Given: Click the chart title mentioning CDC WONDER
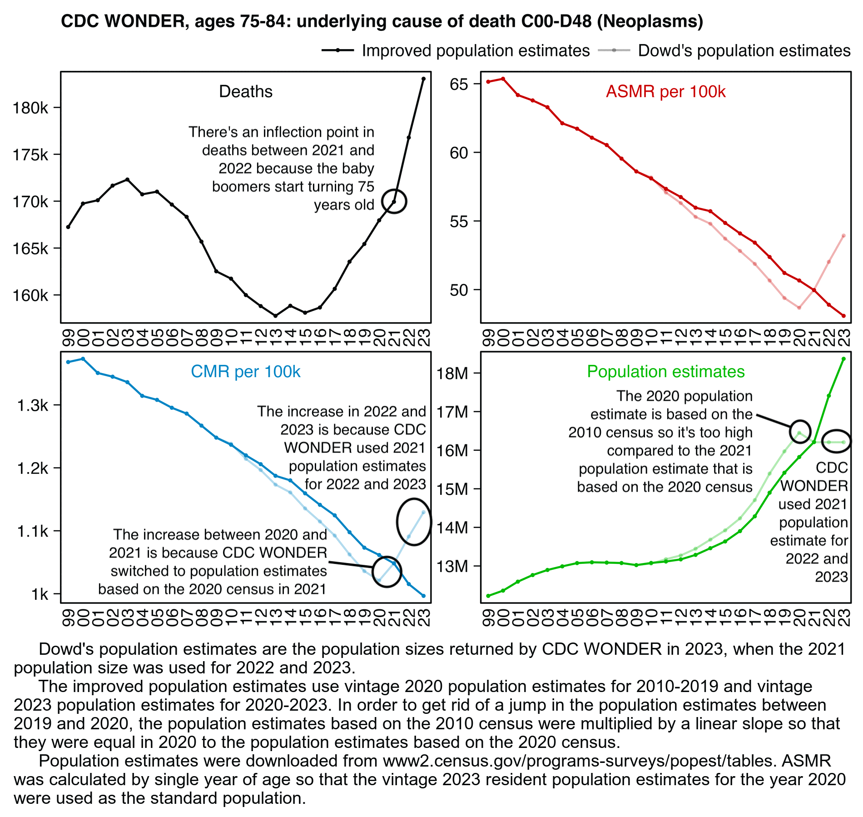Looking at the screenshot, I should click(x=382, y=21).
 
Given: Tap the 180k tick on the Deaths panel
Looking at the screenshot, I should click(x=31, y=108).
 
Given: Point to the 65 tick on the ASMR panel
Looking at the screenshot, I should click(x=459, y=85).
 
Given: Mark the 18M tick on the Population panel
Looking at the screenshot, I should click(x=452, y=374).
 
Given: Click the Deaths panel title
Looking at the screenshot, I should click(x=246, y=92).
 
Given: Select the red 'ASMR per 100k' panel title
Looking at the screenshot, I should click(x=665, y=92).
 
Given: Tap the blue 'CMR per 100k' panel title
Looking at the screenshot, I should click(x=246, y=372).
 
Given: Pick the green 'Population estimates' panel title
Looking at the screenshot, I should click(x=665, y=372).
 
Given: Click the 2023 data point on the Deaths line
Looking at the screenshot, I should click(x=423, y=79).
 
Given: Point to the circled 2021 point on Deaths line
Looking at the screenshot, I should click(x=394, y=202).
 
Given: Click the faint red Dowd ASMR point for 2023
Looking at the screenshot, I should click(x=843, y=235).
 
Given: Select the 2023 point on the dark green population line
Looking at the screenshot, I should click(x=843, y=359).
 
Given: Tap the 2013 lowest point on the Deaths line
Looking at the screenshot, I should click(x=275, y=315).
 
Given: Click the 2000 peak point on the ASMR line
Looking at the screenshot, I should click(x=503, y=79).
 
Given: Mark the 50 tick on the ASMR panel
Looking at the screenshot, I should click(x=459, y=290).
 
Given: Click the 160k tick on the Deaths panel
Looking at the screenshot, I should click(x=31, y=296).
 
